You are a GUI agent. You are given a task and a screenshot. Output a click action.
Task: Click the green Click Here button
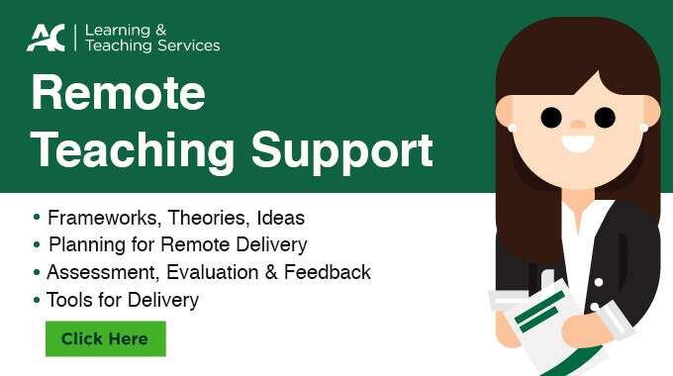click(105, 338)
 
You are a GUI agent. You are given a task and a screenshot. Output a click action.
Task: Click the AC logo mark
click(46, 38)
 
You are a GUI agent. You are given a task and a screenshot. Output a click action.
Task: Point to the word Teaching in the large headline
click(134, 151)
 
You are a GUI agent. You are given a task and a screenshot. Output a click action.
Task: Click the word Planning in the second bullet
click(84, 244)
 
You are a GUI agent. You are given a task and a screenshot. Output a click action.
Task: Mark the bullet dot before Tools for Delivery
click(38, 298)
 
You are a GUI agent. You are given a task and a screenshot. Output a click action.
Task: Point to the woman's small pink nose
click(577, 126)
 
